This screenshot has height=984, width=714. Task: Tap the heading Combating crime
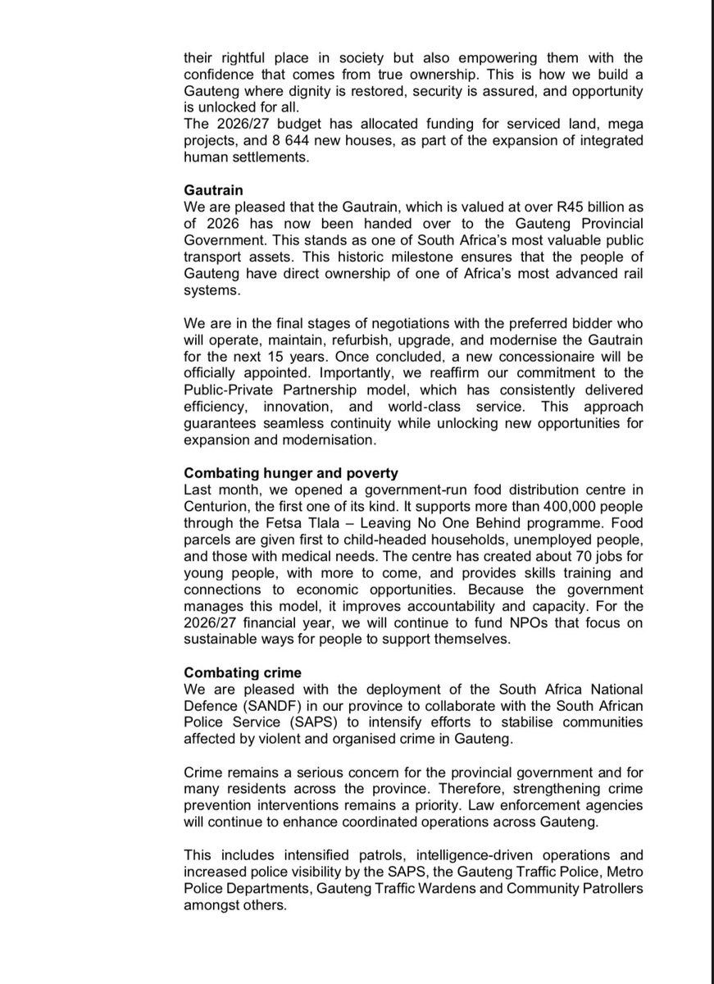point(242,672)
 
